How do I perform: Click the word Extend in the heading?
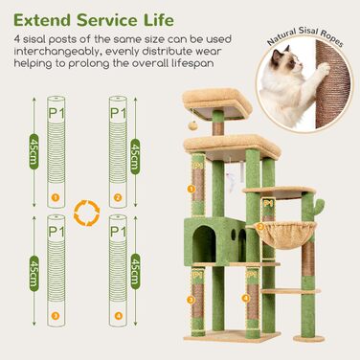[42, 20]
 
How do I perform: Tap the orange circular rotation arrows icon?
[87, 213]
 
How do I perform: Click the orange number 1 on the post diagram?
[56, 198]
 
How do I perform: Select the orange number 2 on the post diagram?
[118, 198]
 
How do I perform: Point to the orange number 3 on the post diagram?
[56, 316]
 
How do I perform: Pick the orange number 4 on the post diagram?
[118, 316]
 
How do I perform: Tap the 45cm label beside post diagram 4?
[135, 271]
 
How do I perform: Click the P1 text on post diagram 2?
[118, 113]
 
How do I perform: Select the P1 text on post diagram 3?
[56, 232]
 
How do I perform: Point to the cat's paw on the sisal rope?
[324, 69]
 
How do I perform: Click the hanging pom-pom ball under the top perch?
[193, 125]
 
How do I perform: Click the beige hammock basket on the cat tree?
[286, 235]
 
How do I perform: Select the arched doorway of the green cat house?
[204, 244]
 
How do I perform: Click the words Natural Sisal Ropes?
[305, 37]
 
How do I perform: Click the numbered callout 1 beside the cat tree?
[191, 190]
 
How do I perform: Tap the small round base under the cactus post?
[309, 339]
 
